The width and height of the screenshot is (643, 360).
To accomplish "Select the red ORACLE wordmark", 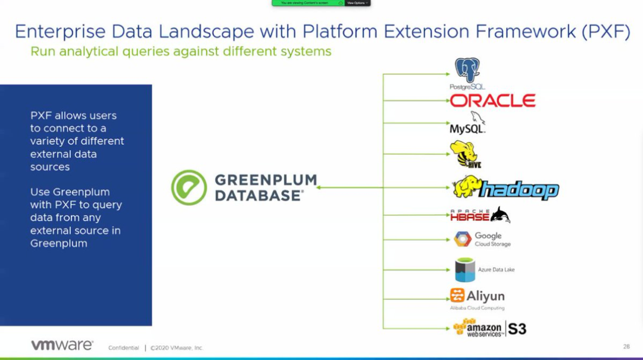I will pyautogui.click(x=492, y=101).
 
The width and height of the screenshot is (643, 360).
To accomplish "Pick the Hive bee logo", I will pyautogui.click(x=464, y=154).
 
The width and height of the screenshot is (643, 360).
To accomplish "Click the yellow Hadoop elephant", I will pyautogui.click(x=466, y=186).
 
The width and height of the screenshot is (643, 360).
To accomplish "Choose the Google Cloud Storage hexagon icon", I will pyautogui.click(x=463, y=239).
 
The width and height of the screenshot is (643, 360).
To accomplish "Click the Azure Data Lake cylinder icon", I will pyautogui.click(x=465, y=270).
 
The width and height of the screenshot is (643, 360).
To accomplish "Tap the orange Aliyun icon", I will pyautogui.click(x=457, y=295).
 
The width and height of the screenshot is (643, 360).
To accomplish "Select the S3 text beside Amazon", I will pyautogui.click(x=517, y=328).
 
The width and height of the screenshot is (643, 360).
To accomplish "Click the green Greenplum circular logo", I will pyautogui.click(x=189, y=187).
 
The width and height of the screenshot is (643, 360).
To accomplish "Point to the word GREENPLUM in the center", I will pyautogui.click(x=265, y=180).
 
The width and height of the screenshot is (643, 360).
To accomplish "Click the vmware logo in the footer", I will pyautogui.click(x=62, y=345).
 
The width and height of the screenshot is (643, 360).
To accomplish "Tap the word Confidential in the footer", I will pyautogui.click(x=124, y=348).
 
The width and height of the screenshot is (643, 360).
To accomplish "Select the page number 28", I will pyautogui.click(x=626, y=346).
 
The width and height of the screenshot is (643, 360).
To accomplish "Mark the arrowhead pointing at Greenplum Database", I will pyautogui.click(x=319, y=187).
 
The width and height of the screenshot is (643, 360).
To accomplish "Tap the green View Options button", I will pyautogui.click(x=357, y=3).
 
